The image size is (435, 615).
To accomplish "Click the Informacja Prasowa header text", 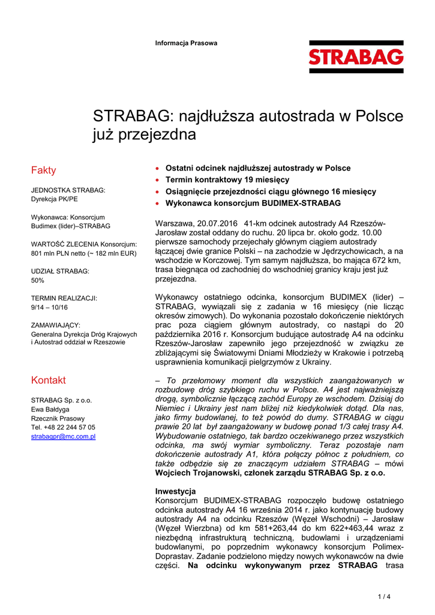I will point(186,43).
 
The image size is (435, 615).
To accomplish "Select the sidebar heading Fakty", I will point(43,171).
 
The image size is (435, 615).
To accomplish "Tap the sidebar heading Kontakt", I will point(48,380).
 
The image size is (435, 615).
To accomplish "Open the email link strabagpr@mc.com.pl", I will point(63,437).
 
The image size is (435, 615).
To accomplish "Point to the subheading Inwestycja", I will point(175,491).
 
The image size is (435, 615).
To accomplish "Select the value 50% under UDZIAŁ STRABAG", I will point(37,280).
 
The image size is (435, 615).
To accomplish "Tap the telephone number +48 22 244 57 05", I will point(69,428).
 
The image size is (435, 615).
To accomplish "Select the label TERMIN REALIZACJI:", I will point(64,298).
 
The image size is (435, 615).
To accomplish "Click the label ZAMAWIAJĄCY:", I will point(55,326).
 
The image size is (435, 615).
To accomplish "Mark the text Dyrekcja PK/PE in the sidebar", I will point(54,199).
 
